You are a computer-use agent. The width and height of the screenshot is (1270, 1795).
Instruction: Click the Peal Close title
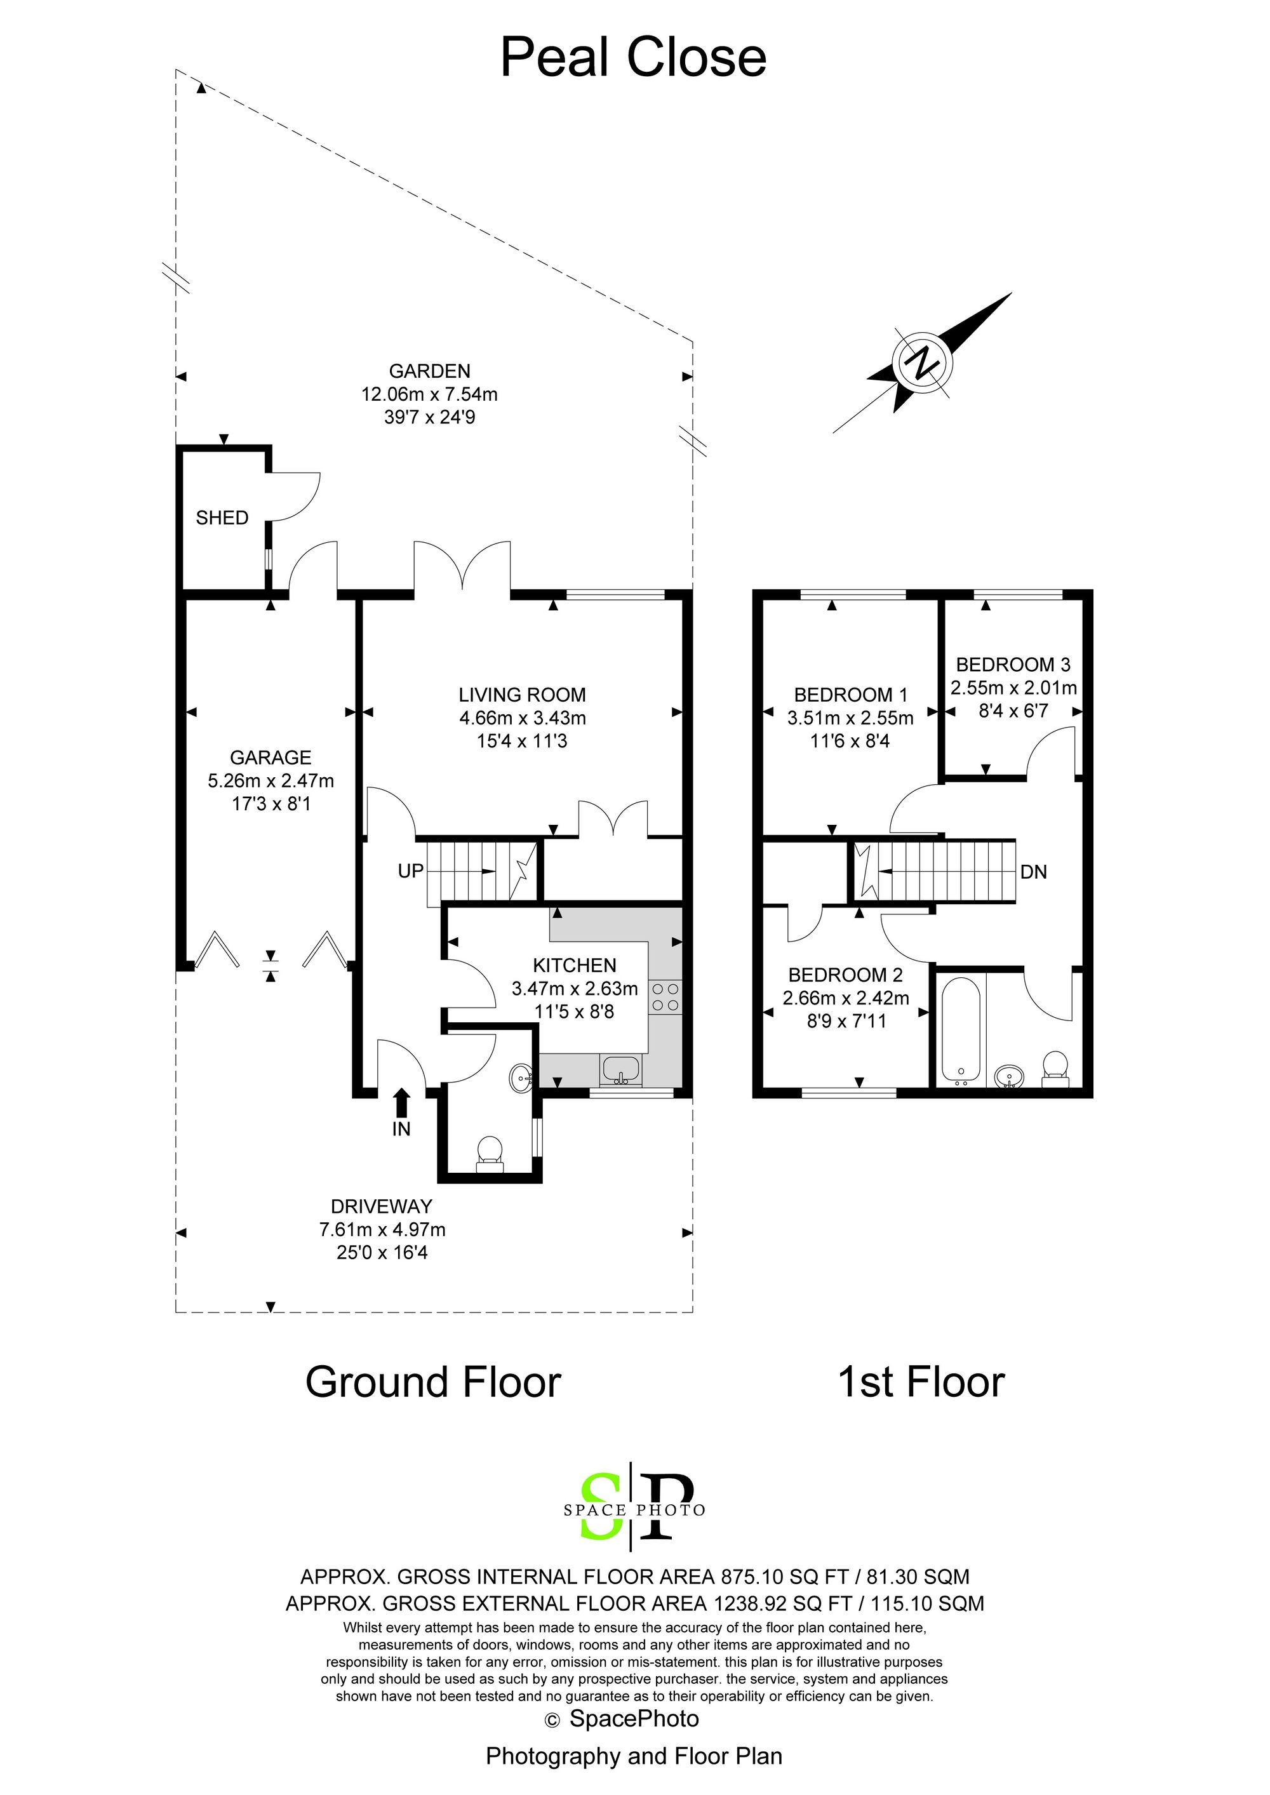point(634,57)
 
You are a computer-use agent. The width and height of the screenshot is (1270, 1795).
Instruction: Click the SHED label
point(222,517)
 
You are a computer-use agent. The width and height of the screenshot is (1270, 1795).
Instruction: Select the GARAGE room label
point(271,757)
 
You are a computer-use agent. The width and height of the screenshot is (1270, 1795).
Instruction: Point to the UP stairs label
point(411,871)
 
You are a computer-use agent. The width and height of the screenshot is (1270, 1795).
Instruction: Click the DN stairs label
point(1034,872)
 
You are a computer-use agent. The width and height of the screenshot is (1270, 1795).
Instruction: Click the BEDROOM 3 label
point(1013,665)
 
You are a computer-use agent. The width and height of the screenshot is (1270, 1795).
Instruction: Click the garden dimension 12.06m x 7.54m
point(429,394)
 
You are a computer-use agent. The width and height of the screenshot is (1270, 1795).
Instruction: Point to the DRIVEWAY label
point(382,1206)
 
